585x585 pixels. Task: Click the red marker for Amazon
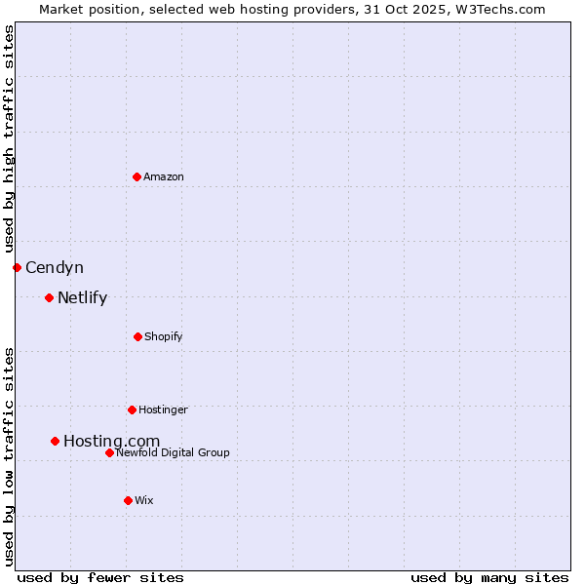coord(136,176)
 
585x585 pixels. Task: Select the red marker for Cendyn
coord(17,267)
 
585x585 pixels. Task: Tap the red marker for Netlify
coord(49,297)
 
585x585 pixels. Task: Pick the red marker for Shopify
coord(137,336)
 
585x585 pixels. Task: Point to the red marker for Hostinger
coord(132,409)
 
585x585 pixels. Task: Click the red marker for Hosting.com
coord(55,441)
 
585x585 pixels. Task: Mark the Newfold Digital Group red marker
coord(109,452)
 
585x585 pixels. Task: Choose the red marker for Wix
coord(128,500)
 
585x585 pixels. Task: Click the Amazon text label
coord(164,176)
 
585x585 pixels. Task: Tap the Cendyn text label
coord(55,267)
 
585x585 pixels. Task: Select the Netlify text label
coord(82,297)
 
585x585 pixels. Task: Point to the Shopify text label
coord(164,336)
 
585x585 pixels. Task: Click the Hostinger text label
coord(163,409)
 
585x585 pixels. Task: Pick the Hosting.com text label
coord(111,442)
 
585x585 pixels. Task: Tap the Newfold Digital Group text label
coord(173,452)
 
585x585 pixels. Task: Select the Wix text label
coord(144,500)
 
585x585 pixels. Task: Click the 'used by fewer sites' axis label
coord(100,577)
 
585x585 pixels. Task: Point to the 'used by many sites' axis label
coord(489,577)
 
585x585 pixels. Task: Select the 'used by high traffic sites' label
coord(9,139)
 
